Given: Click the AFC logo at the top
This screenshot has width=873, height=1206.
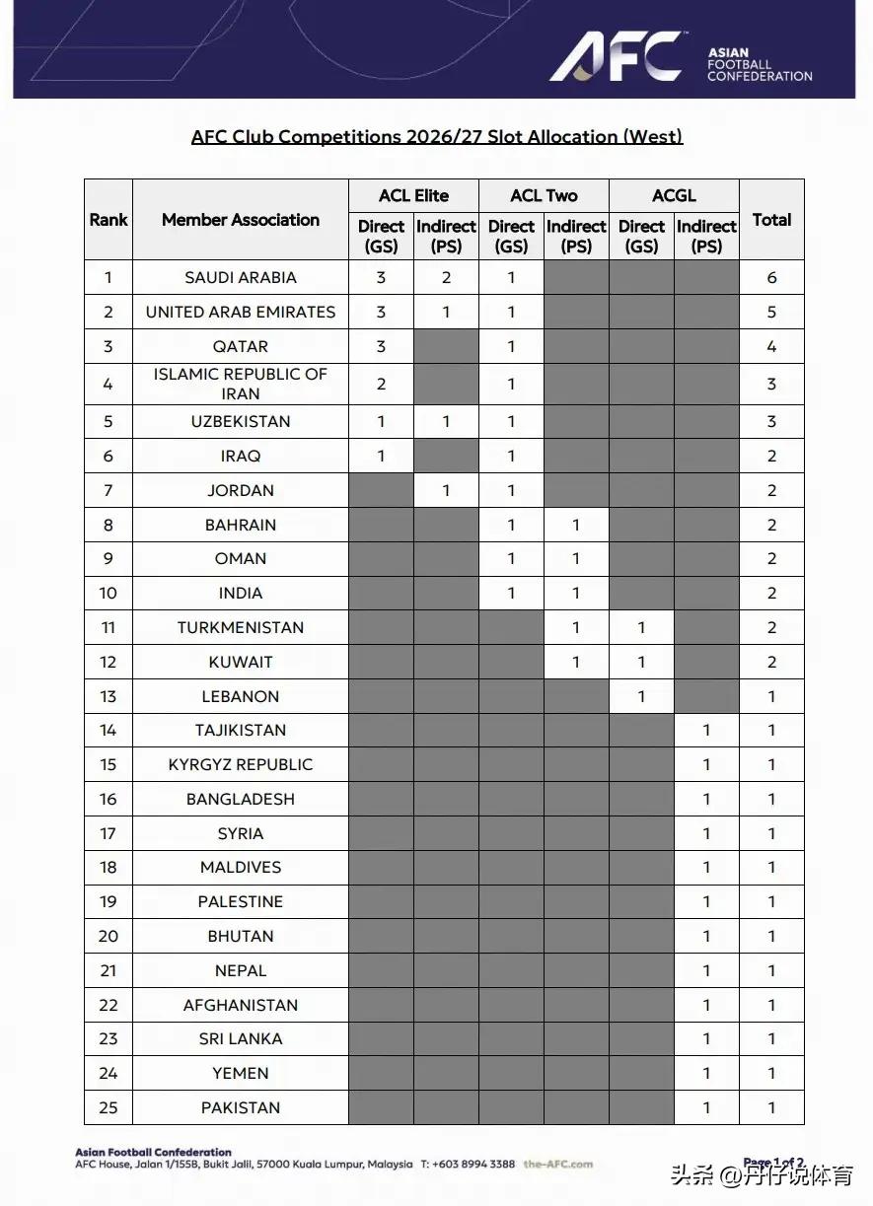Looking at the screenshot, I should pos(616,56).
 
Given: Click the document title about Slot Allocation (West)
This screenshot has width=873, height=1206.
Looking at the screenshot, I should pos(437,136).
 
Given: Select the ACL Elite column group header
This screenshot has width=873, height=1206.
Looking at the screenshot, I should pos(413,195).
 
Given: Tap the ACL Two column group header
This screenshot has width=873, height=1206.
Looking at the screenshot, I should pos(544,195).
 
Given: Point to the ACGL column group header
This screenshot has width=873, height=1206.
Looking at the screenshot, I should pos(674,195).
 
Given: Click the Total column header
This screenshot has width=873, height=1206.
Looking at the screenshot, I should pos(771,220).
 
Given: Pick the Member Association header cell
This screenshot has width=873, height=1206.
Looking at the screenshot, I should pos(241,220).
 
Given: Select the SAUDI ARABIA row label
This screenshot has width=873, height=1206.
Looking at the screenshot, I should pos(241,278).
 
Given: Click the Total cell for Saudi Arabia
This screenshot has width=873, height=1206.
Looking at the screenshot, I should pos(771,278).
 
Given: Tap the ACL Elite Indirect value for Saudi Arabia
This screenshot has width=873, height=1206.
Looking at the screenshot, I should pos(446,278).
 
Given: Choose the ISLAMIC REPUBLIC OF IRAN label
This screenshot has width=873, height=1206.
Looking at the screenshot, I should pos(241,384).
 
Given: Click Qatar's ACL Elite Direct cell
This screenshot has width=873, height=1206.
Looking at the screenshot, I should pos(381,346).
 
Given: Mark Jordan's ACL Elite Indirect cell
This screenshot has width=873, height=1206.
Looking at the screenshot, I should pos(446,490).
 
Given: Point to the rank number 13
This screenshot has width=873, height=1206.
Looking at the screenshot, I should pos(109,696).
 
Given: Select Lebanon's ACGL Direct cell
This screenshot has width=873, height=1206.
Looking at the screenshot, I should pos(641,696).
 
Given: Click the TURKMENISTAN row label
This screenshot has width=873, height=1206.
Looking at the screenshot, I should pos(241,627).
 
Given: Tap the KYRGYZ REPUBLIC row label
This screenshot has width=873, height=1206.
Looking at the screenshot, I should pos(241,764).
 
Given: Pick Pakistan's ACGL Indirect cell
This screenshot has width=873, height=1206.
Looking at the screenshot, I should pos(706,1107).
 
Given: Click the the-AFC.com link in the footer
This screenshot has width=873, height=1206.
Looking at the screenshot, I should pos(558,1164).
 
